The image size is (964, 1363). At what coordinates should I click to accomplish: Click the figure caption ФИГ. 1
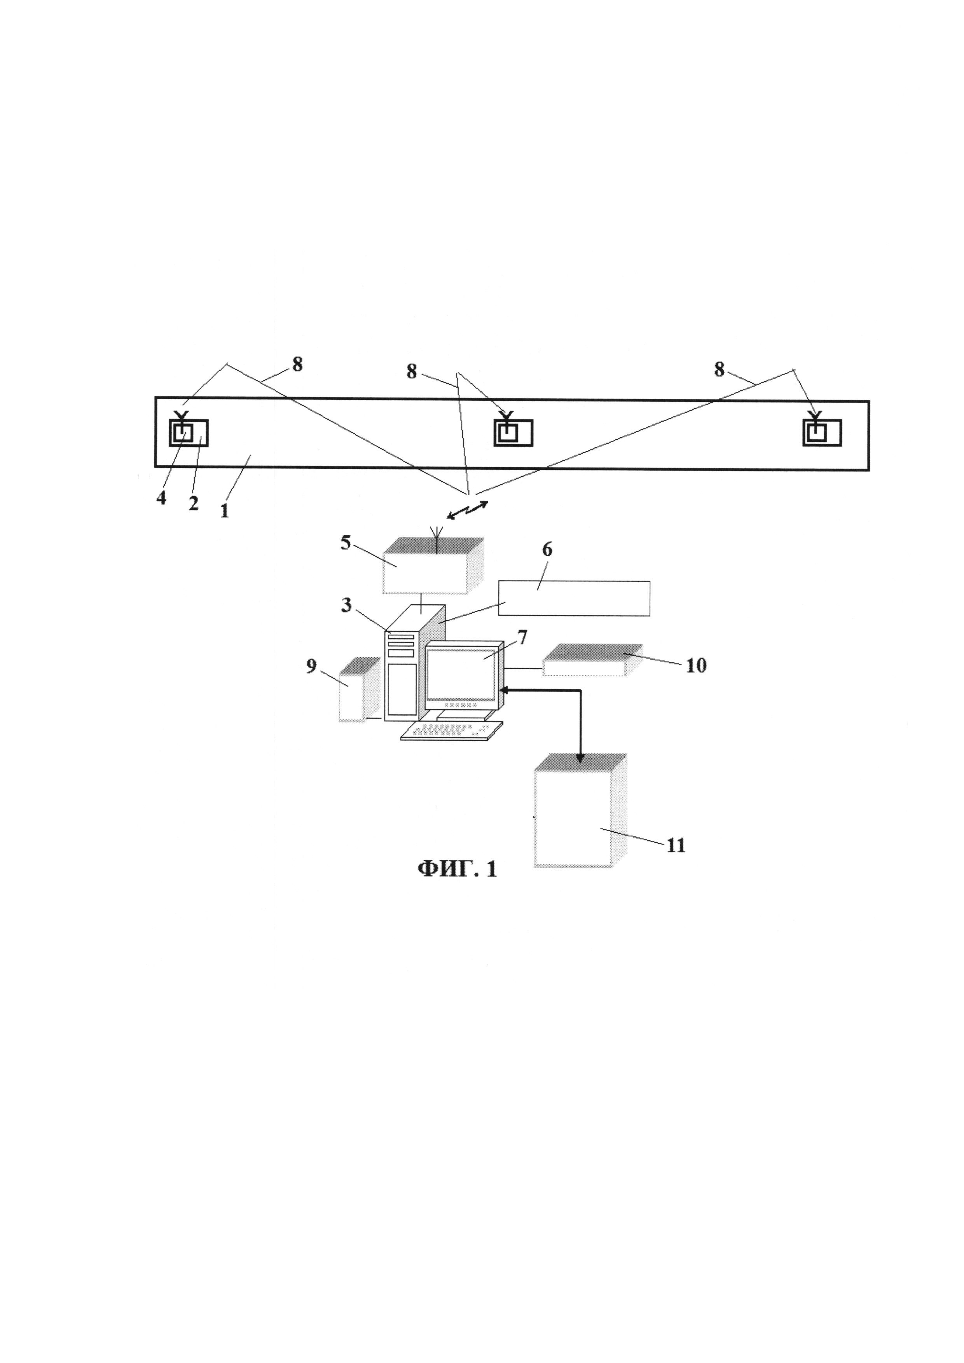tap(457, 869)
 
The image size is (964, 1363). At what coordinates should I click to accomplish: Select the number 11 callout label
tap(676, 845)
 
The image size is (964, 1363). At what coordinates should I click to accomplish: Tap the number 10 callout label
tap(696, 665)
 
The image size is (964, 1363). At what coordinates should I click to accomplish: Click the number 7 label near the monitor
tap(522, 637)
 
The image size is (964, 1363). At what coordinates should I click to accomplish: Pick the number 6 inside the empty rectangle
tap(547, 550)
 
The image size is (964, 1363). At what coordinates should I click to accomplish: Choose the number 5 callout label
tap(346, 543)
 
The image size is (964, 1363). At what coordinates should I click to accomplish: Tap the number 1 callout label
tap(224, 511)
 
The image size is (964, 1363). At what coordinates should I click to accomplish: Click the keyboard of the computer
tap(451, 730)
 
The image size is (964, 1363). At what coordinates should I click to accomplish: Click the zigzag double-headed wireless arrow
tap(468, 510)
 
